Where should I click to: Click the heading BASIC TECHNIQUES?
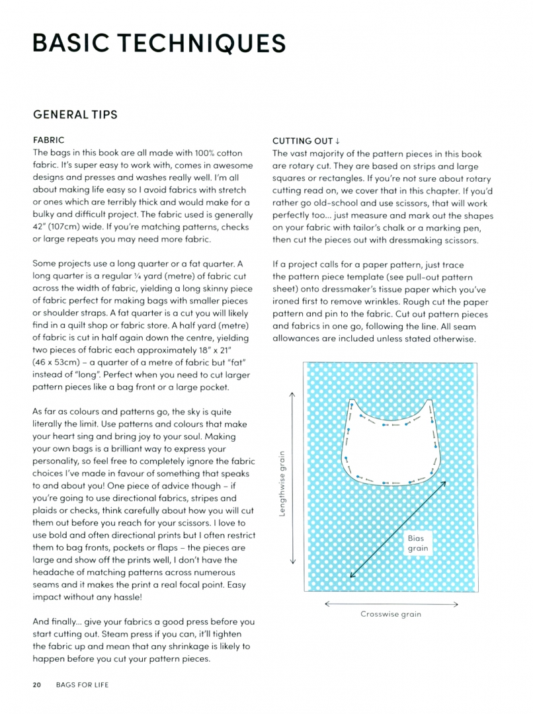pyautogui.click(x=159, y=43)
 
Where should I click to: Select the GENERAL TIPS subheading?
pyautogui.click(x=75, y=114)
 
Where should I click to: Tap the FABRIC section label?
pyautogui.click(x=48, y=141)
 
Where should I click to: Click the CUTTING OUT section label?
pyautogui.click(x=303, y=141)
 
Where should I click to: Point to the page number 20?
pyautogui.click(x=37, y=685)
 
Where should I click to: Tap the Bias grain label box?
pyautogui.click(x=418, y=543)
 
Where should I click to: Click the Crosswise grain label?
pyautogui.click(x=391, y=614)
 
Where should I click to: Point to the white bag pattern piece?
pyautogui.click(x=390, y=450)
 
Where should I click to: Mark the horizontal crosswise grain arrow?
pyautogui.click(x=391, y=603)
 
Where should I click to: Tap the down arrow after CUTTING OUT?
pyautogui.click(x=337, y=141)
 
